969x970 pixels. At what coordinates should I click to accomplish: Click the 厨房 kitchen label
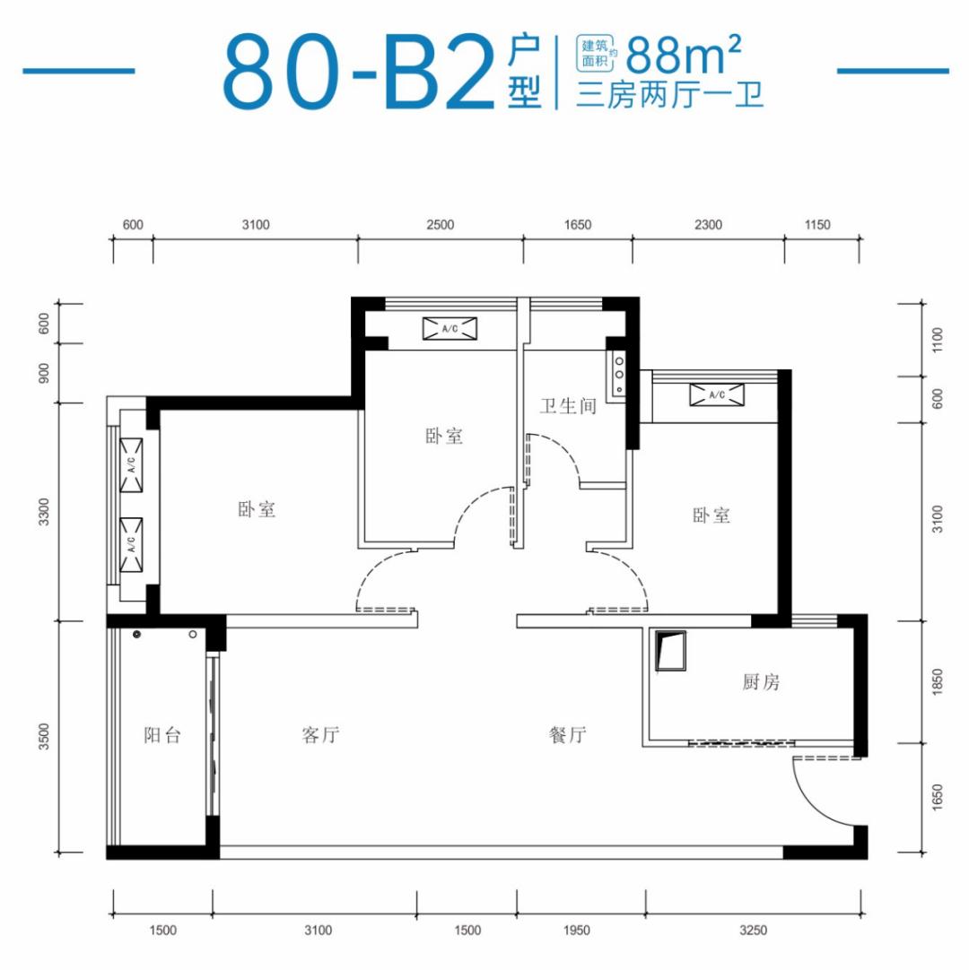click(761, 681)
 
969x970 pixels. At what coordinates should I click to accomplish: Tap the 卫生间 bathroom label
click(568, 406)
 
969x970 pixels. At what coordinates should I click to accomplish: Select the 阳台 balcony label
click(162, 735)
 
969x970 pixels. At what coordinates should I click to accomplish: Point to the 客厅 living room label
click(320, 735)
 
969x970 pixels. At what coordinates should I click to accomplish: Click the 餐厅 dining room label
click(567, 735)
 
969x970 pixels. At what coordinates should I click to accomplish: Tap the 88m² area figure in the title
click(684, 55)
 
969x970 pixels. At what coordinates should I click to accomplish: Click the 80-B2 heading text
click(359, 73)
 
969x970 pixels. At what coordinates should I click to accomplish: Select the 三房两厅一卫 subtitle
click(669, 96)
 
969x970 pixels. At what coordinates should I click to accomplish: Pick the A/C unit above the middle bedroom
click(450, 328)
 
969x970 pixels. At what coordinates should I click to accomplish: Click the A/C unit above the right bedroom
click(717, 394)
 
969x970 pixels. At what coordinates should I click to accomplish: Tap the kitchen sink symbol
click(670, 651)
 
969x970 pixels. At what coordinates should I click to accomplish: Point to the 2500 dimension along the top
click(441, 224)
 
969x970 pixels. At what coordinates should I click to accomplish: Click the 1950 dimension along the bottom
click(576, 930)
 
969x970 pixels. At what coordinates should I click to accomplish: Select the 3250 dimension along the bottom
click(753, 930)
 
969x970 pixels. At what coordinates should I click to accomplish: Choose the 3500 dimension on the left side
click(43, 736)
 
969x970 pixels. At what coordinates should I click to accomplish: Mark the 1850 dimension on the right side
click(938, 681)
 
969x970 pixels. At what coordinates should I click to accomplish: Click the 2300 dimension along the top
click(708, 224)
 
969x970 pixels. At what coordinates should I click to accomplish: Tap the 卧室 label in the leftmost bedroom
click(257, 510)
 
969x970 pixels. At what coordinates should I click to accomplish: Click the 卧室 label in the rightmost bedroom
click(711, 515)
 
